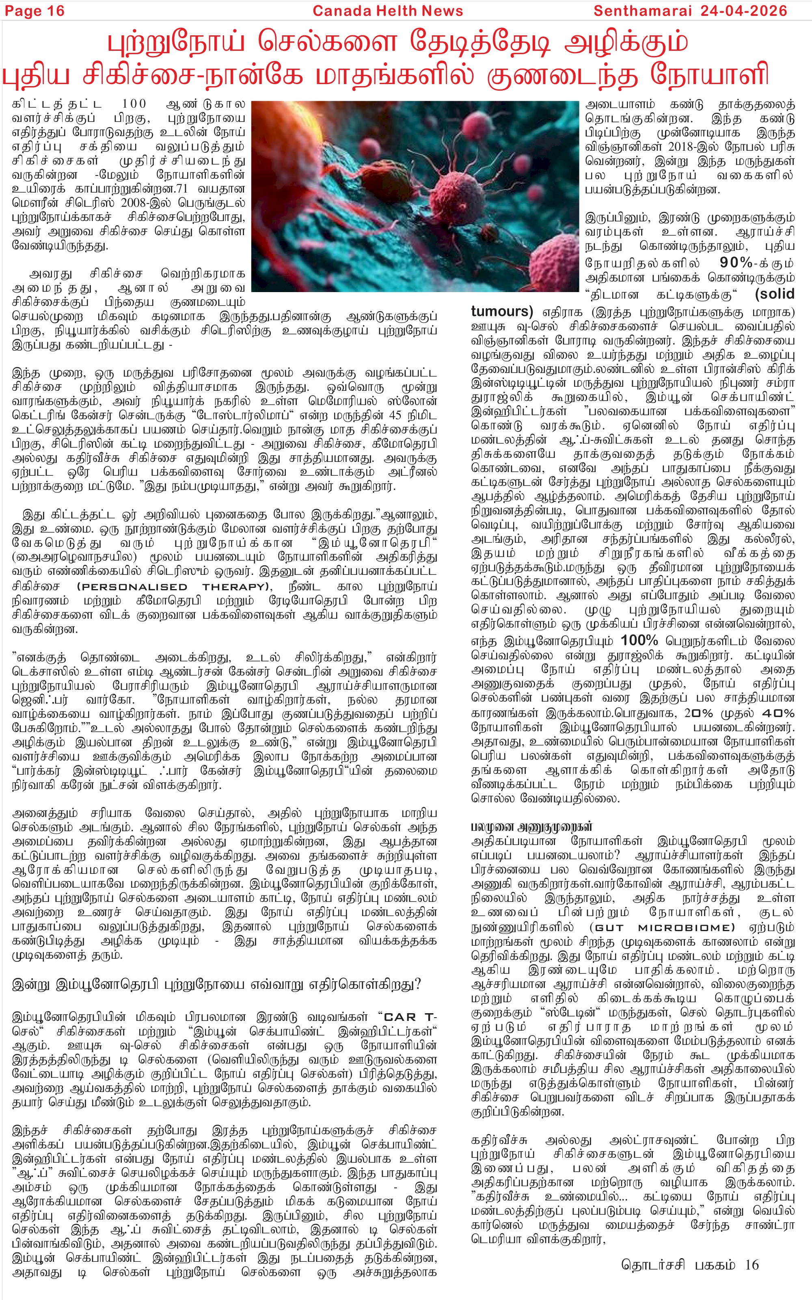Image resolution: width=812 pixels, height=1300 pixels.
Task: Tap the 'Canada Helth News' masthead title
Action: click(387, 11)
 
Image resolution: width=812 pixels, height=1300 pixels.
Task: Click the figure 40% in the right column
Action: click(777, 713)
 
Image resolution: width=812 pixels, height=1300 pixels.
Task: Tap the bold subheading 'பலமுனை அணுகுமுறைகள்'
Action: click(532, 827)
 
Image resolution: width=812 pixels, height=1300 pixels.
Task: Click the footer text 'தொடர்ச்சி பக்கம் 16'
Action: click(690, 1265)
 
